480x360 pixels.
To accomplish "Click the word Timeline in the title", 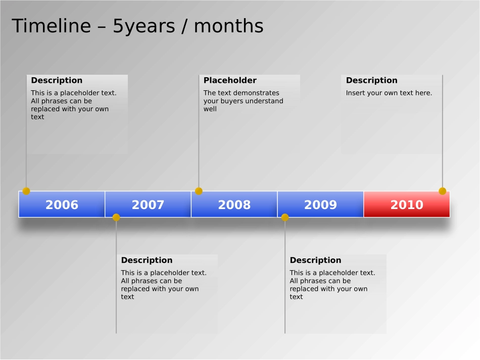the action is click(x=52, y=26).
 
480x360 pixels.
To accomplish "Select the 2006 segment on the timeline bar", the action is click(x=62, y=204).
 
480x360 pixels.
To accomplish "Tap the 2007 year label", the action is click(x=148, y=204).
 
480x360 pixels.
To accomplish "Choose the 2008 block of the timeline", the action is click(x=234, y=204).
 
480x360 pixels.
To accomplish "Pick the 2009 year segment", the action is click(x=320, y=204).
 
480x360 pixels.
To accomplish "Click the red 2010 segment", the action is click(x=407, y=204).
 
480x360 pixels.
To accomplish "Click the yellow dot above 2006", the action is click(x=26, y=191).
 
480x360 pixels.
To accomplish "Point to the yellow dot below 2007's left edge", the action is click(x=116, y=218).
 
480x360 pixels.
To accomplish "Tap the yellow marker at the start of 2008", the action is click(x=199, y=191).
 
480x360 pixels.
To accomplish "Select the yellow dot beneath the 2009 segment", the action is click(x=285, y=218).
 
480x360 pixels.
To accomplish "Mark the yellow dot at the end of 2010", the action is click(x=442, y=191).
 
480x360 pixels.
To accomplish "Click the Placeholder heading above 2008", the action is click(x=230, y=80).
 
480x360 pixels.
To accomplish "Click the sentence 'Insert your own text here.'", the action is click(x=389, y=93).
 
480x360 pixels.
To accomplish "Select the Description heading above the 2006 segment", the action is click(x=57, y=80).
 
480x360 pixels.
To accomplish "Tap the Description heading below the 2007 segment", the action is click(x=147, y=261).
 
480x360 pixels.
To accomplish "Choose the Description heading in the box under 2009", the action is click(x=315, y=261).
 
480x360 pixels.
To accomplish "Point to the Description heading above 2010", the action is click(x=372, y=80).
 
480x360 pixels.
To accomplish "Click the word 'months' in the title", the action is click(x=229, y=26).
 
